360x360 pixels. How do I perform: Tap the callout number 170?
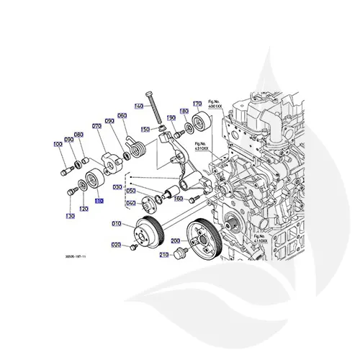click(196, 104)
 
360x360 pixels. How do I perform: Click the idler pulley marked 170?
click(201, 123)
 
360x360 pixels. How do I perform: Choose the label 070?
click(96, 135)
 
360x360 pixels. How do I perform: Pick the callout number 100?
click(58, 145)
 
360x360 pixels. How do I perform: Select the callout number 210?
click(163, 255)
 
